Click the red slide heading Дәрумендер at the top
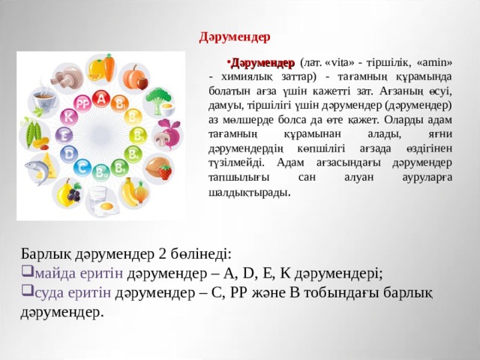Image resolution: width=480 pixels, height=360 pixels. pyautogui.click(x=235, y=37)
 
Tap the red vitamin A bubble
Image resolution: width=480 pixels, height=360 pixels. pyautogui.click(x=101, y=99)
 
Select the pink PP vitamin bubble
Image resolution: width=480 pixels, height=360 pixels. pyautogui.click(x=82, y=104)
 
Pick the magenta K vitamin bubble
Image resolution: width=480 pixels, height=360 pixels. pyautogui.click(x=69, y=117)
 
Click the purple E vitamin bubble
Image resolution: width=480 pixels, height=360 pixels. pyautogui.click(x=64, y=135)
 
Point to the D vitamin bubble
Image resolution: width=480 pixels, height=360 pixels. pyautogui.click(x=69, y=154)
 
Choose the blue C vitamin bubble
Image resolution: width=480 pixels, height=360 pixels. pyautogui.click(x=82, y=168)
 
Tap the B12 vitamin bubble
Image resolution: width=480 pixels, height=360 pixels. pyautogui.click(x=100, y=173)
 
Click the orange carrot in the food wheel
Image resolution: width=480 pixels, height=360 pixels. pyautogui.click(x=109, y=67)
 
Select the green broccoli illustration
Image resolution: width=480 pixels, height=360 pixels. pyautogui.click(x=158, y=98)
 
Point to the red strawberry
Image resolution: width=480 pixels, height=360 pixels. pyautogui.click(x=165, y=172)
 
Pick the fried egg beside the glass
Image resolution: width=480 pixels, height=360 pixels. pyautogui.click(x=106, y=208)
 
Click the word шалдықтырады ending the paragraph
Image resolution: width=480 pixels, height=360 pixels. pyautogui.click(x=248, y=193)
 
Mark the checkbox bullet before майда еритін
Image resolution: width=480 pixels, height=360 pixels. pyautogui.click(x=27, y=270)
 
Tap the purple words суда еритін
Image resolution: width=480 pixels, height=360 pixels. pyautogui.click(x=73, y=292)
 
